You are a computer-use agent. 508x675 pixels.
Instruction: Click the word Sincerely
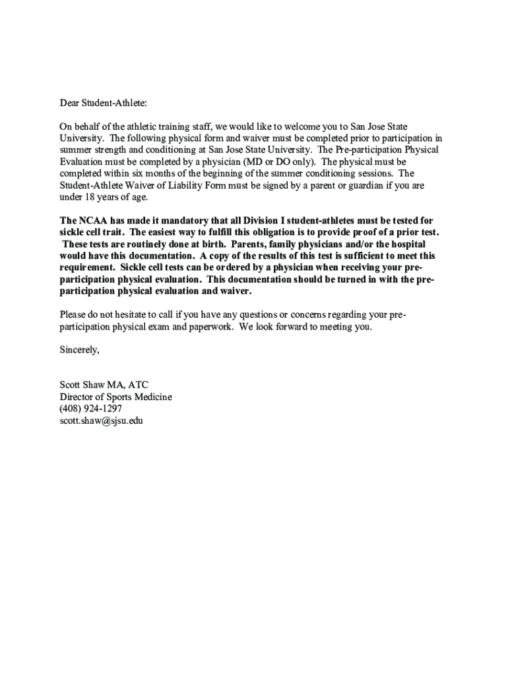coord(79,349)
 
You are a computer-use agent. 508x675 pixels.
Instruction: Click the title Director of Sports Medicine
coord(115,397)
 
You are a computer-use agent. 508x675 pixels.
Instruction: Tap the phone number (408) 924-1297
coord(90,409)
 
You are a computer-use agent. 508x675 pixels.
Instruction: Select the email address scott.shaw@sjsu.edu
coord(101,421)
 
